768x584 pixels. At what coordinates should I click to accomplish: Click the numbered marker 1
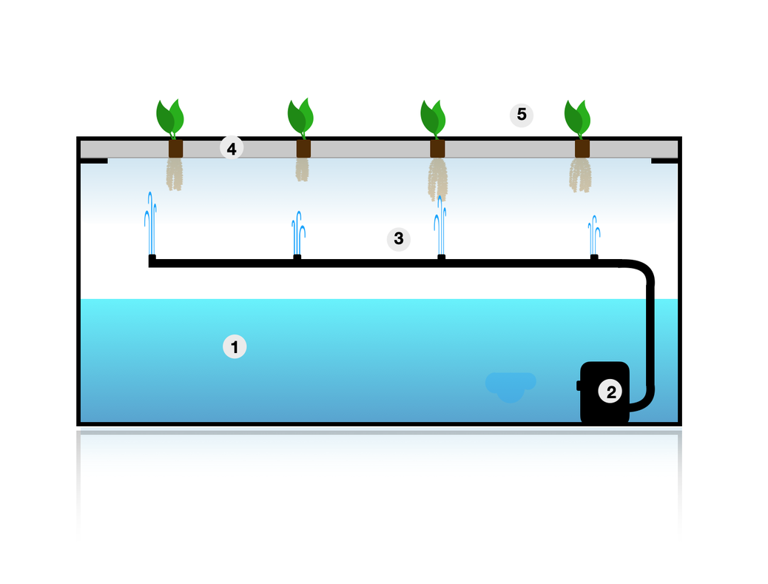[235, 346]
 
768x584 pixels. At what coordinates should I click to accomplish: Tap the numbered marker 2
[611, 392]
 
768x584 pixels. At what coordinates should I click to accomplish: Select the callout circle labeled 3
[399, 239]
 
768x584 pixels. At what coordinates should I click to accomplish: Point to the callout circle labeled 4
[232, 149]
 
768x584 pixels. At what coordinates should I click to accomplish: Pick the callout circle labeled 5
[522, 115]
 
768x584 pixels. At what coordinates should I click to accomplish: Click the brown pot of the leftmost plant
[175, 149]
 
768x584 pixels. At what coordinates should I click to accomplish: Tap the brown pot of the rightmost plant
[582, 149]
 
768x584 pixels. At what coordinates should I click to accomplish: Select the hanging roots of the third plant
[438, 178]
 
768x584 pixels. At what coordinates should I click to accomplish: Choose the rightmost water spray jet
[593, 235]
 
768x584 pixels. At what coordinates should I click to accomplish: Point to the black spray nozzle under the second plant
[297, 258]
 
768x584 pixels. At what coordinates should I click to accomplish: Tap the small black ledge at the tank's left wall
[95, 161]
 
